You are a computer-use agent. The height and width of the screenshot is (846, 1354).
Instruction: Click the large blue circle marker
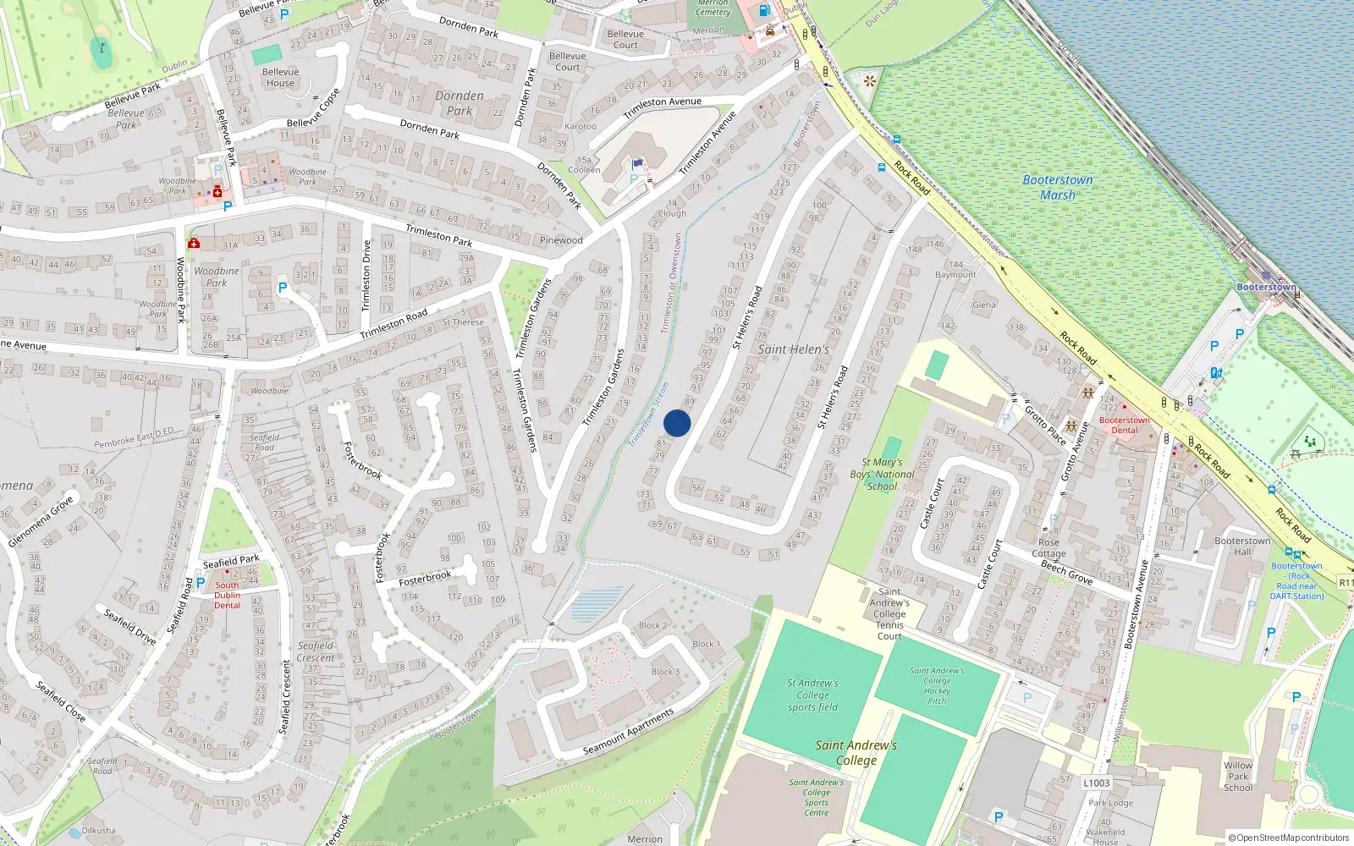677,423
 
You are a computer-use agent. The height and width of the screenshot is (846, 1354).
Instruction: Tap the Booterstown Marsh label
1057,187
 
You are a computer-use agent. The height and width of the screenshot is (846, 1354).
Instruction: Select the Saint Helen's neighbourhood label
793,349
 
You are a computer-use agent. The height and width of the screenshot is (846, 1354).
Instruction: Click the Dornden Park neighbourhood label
460,103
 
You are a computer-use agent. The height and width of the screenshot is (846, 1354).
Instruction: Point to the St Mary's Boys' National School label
882,475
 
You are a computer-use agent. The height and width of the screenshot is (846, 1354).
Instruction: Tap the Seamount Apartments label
629,732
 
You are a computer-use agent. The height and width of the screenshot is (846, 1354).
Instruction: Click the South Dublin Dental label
227,595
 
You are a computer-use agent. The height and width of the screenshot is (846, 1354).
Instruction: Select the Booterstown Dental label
1124,425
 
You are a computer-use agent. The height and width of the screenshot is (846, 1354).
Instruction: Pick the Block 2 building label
652,625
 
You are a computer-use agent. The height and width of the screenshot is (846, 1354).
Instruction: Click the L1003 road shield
1096,783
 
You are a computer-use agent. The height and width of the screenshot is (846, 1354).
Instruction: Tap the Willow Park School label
1238,776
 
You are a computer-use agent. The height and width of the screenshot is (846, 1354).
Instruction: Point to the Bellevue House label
280,77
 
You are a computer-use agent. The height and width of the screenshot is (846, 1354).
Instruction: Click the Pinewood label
561,240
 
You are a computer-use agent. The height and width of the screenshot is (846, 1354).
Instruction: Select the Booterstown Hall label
1241,546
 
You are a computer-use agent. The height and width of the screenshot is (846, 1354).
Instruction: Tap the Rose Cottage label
1049,548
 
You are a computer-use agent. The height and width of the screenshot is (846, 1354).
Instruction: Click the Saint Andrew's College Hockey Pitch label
937,685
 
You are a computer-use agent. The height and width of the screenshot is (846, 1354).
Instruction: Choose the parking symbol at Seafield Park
201,582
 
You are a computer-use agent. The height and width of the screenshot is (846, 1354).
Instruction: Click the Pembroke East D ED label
134,437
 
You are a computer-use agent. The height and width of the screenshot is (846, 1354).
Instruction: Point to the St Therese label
463,322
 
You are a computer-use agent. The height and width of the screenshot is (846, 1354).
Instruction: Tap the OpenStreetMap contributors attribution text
1289,838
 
